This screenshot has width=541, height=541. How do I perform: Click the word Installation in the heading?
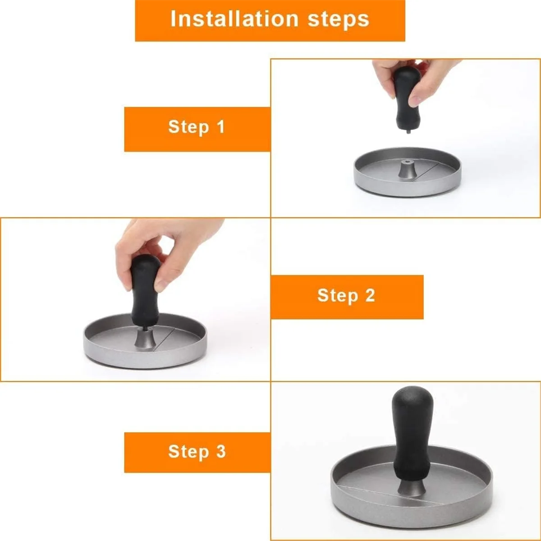[x=234, y=19]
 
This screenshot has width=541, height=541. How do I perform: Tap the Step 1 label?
[x=197, y=127]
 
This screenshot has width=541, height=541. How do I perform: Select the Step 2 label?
[x=346, y=296]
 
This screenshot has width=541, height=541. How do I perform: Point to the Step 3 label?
[x=197, y=452]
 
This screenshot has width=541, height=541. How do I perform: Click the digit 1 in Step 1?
[x=221, y=127]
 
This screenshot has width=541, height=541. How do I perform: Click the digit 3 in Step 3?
[x=221, y=451]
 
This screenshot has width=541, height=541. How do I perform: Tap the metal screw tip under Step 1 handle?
[x=408, y=131]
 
